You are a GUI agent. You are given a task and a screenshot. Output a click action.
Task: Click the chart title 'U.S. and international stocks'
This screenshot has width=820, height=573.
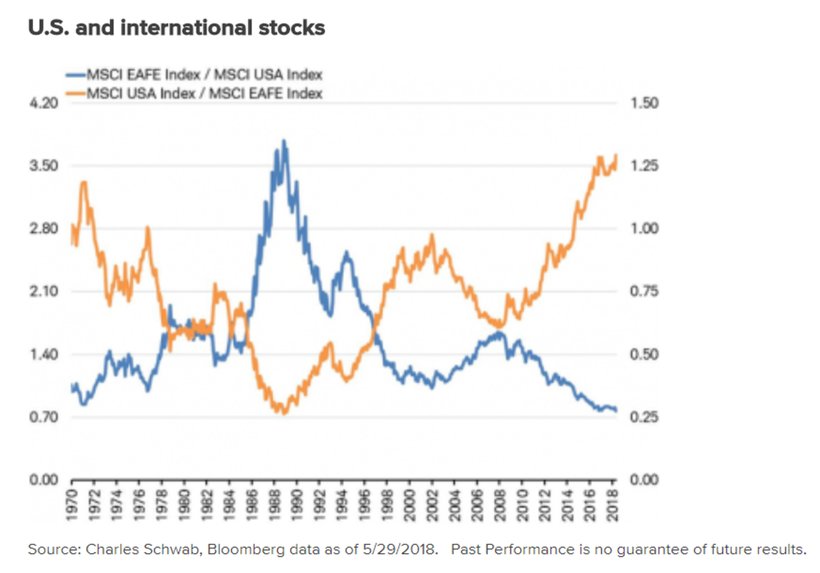pyautogui.click(x=176, y=29)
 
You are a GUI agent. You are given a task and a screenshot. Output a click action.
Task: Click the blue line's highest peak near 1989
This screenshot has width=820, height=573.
pyautogui.click(x=284, y=141)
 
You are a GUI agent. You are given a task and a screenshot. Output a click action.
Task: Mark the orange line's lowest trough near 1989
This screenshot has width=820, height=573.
pyautogui.click(x=284, y=413)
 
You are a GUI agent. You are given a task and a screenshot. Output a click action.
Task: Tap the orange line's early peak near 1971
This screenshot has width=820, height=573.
pyautogui.click(x=83, y=182)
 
